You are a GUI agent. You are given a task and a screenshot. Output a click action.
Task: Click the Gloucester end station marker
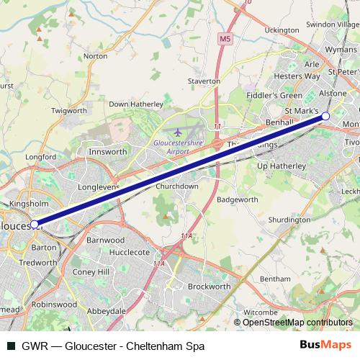click(35, 225)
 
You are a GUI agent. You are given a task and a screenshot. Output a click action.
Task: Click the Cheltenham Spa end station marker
click(325, 116)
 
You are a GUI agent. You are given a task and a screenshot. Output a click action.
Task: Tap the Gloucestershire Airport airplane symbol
click(178, 132)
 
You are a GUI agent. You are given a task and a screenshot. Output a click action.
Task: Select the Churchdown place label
click(177, 186)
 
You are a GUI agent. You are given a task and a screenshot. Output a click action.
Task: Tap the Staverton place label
click(204, 81)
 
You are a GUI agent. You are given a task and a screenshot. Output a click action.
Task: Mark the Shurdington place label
click(289, 220)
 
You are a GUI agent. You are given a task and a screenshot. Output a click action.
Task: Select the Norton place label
click(96, 55)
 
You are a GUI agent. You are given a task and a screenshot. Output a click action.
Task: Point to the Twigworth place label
click(70, 111)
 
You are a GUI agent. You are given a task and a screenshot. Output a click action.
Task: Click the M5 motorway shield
click(226, 38)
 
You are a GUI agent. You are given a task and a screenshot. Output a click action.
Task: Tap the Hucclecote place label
click(130, 253)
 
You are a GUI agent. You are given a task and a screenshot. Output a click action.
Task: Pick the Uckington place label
click(282, 30)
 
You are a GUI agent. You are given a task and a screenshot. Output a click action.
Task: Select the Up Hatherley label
click(282, 166)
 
